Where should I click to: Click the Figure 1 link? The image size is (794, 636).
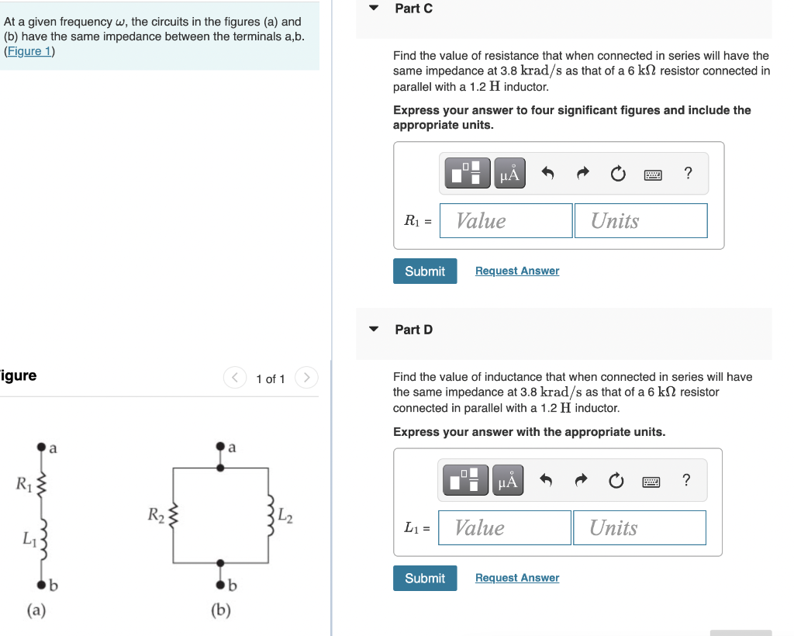(x=29, y=51)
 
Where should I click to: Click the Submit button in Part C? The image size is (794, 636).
(x=425, y=271)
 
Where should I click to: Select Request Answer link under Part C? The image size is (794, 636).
(x=516, y=271)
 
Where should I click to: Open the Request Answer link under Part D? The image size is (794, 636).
(x=516, y=578)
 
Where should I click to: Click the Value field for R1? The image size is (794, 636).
(x=506, y=221)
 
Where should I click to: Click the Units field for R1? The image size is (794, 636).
(x=640, y=221)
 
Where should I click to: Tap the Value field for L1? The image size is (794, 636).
(x=505, y=528)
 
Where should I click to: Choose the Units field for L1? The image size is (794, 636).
(x=639, y=528)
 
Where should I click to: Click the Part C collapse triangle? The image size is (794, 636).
(x=374, y=9)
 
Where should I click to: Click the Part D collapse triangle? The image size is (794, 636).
(x=374, y=330)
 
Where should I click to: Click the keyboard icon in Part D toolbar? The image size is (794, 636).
(x=651, y=482)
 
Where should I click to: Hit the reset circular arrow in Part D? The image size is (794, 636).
(x=616, y=482)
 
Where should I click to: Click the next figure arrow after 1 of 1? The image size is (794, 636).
(x=307, y=378)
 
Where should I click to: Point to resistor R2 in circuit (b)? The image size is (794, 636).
(x=174, y=514)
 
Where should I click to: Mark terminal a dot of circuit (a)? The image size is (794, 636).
(x=40, y=448)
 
